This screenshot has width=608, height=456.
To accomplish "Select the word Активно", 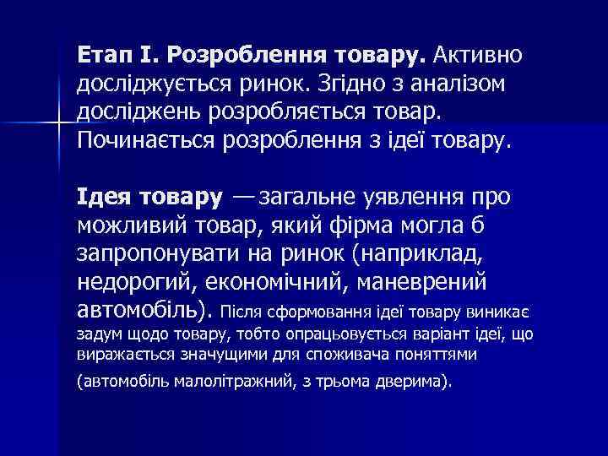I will [x=479, y=56].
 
